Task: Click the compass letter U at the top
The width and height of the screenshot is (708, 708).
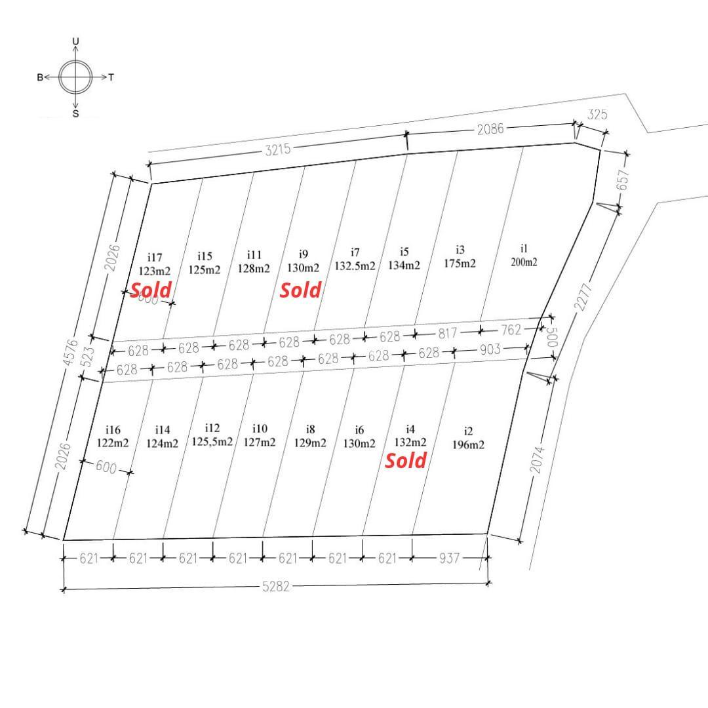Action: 75,41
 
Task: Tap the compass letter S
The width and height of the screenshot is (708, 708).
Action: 75,113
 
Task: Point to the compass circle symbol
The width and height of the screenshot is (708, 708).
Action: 76,77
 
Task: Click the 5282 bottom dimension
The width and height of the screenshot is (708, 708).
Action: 275,587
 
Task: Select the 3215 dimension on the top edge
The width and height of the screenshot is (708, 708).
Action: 277,150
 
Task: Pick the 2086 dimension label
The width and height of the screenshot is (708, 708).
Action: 490,129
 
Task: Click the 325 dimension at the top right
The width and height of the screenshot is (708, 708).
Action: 597,115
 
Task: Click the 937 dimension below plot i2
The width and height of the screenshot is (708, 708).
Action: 449,559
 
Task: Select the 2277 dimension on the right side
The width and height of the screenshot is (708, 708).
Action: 582,296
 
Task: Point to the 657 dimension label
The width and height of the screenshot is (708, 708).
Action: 623,181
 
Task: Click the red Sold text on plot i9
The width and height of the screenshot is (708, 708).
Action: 300,290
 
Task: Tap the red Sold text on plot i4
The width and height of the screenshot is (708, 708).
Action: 406,461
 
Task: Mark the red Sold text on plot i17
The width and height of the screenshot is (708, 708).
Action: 151,290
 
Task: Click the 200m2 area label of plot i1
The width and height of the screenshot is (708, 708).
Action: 524,262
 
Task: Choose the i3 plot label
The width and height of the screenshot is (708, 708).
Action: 460,250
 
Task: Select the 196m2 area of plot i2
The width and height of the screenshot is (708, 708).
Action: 468,444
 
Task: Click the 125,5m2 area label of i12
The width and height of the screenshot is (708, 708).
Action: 212,442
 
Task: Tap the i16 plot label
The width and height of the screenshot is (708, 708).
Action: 113,430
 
